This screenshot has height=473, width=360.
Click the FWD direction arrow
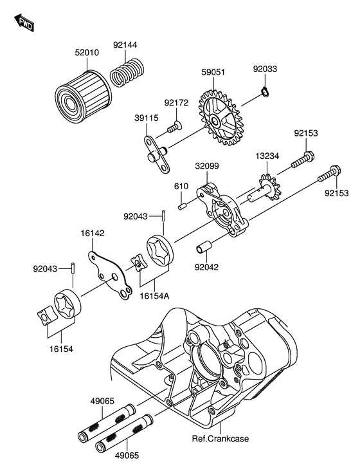tap(24, 23)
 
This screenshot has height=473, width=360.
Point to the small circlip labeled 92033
tap(265, 91)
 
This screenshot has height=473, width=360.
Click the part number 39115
tap(147, 118)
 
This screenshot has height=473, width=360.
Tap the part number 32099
tap(207, 165)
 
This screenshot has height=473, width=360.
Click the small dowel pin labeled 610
tap(181, 207)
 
